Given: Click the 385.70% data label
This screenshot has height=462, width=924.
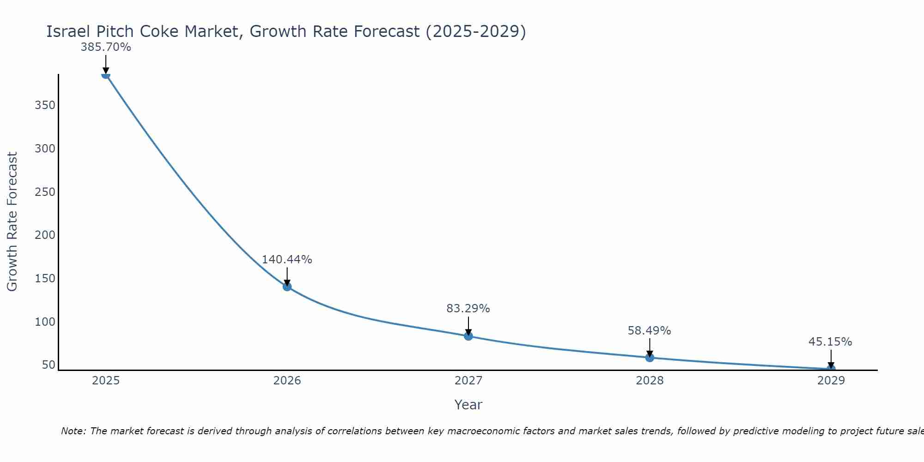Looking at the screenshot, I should [106, 47].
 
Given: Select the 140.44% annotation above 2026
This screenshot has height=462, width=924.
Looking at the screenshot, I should [287, 260].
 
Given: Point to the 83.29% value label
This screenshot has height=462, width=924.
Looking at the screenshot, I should [468, 309].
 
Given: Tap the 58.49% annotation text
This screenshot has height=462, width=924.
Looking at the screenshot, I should [649, 331].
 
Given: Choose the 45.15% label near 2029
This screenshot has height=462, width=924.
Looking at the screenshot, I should [830, 342].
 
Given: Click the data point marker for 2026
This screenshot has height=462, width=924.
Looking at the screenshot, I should [287, 286].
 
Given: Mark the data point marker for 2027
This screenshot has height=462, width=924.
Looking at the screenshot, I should [468, 336].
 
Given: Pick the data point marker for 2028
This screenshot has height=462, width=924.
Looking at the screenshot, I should [650, 357].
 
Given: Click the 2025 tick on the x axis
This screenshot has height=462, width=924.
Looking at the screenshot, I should [106, 381].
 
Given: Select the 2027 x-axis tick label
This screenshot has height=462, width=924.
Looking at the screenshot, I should [468, 381].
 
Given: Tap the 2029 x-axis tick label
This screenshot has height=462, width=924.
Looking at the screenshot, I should [831, 381].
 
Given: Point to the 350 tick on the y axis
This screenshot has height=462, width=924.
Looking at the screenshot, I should [45, 105].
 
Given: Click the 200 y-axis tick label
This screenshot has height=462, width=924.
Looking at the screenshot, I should [45, 235].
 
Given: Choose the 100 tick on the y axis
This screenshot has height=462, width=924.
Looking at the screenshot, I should [45, 322].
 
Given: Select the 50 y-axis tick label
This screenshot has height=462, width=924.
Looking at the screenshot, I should [48, 365].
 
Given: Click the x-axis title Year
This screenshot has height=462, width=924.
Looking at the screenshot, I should [468, 405].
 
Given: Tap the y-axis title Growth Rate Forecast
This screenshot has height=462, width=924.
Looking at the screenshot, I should [12, 222].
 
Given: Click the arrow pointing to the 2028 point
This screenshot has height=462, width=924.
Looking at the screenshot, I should [650, 347].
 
